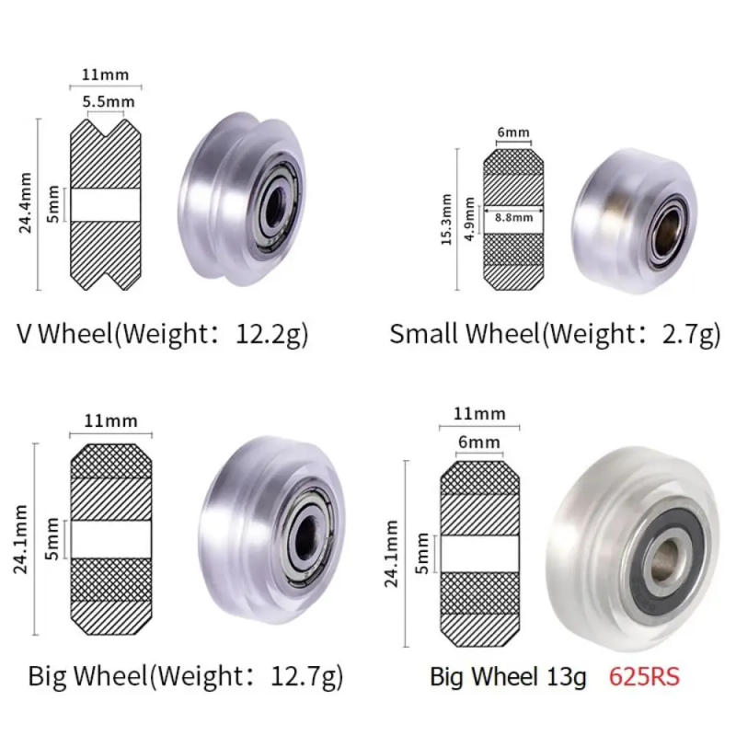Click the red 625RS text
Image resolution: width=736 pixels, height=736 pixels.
[x=643, y=676]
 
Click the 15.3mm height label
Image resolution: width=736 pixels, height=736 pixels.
[x=446, y=219]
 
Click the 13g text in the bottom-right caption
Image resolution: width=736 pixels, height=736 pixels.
[x=566, y=677]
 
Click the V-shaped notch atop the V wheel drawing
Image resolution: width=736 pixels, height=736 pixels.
[x=107, y=127]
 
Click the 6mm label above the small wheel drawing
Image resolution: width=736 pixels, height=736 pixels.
[x=513, y=132]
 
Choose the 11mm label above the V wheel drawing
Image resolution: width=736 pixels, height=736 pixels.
[x=107, y=75]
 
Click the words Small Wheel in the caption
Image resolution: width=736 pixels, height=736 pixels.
[x=463, y=333]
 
